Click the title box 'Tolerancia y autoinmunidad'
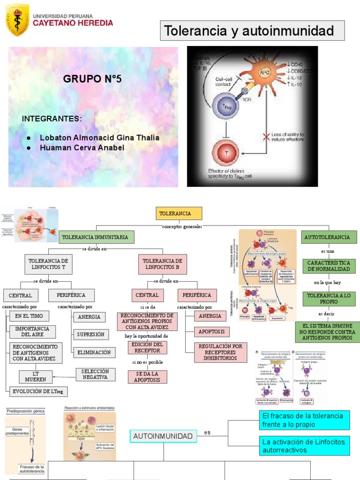(253, 31)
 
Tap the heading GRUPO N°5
(92, 79)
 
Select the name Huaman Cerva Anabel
(82, 148)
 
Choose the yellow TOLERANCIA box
(179, 213)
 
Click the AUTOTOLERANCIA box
(327, 237)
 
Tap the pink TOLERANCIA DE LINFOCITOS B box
(162, 264)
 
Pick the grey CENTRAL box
(21, 295)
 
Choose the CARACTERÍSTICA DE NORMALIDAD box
(328, 266)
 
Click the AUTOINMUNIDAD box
(163, 436)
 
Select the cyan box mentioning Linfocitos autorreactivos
(304, 446)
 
